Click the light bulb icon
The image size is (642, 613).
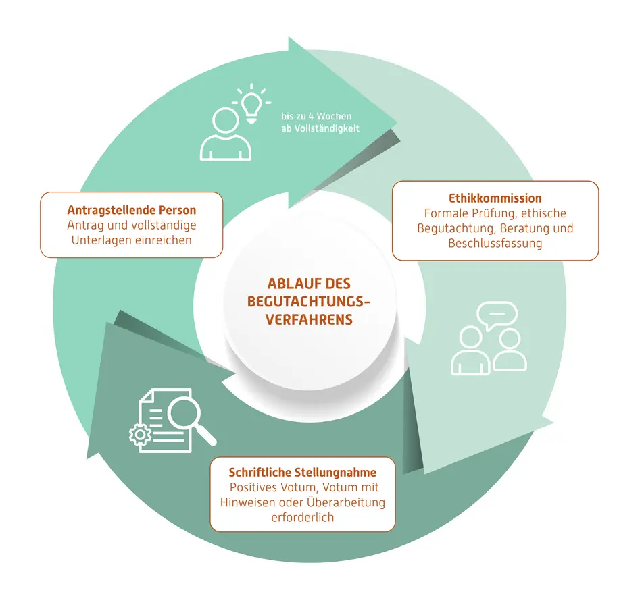click(251, 103)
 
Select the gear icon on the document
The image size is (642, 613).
click(140, 435)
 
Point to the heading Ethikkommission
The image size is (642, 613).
click(495, 198)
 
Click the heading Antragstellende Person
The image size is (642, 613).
click(131, 210)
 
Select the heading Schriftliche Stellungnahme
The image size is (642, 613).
click(303, 473)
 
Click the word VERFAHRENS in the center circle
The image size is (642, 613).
click(309, 319)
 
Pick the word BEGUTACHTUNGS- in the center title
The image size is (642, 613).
click(309, 301)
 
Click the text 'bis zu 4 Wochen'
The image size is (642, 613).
click(316, 117)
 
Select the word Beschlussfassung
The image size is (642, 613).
click(495, 244)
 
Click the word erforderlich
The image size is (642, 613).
click(303, 518)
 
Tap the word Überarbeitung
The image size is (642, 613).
click(345, 502)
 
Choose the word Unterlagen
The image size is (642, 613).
click(101, 240)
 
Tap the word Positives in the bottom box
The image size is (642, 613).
click(253, 487)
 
